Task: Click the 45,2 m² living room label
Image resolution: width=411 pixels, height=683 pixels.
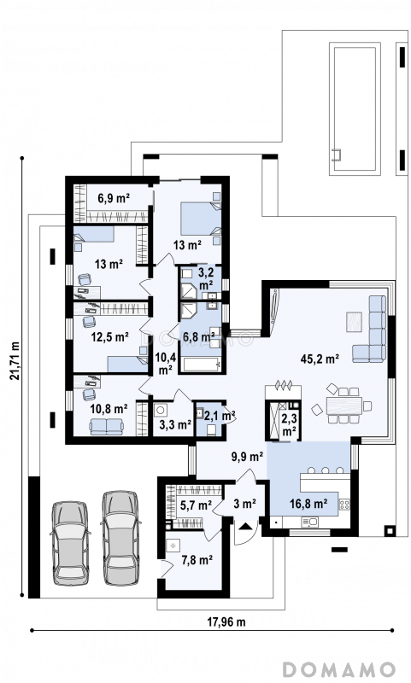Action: tap(320, 359)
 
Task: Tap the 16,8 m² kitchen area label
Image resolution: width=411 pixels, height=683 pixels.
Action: tap(309, 504)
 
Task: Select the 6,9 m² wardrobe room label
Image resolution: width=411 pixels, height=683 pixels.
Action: tap(114, 199)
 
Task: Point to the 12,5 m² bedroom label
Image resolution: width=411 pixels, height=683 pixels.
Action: tap(109, 336)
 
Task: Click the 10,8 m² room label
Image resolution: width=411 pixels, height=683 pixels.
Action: tap(109, 409)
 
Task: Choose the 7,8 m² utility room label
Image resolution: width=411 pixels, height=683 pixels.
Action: tap(197, 560)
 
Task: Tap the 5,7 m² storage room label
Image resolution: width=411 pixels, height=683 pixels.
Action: tap(196, 505)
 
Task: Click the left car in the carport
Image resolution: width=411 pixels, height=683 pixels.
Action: tap(70, 543)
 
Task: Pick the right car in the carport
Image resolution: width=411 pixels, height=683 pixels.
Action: tap(120, 538)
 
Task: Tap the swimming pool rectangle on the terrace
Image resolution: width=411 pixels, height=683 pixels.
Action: tap(355, 108)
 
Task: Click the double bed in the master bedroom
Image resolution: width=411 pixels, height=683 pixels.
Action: tap(201, 219)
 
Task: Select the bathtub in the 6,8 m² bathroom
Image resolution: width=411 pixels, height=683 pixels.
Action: tap(200, 365)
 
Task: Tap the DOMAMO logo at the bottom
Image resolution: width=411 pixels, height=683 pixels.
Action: tap(339, 669)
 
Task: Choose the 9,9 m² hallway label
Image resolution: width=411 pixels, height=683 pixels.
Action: tap(247, 457)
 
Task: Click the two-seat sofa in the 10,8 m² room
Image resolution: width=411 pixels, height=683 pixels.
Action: tap(106, 426)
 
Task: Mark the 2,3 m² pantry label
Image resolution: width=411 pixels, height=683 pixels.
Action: tap(290, 423)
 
